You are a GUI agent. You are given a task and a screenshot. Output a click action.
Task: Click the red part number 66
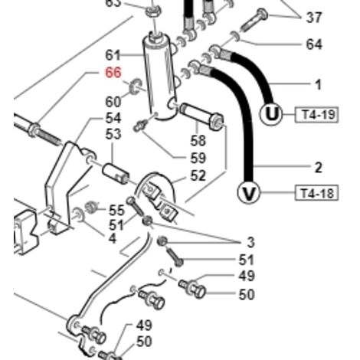[113, 73]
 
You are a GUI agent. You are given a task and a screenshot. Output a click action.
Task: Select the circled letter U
[271, 114]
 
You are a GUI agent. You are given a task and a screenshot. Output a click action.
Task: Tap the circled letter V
[249, 193]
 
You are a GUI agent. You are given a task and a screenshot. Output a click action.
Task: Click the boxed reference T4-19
[316, 115]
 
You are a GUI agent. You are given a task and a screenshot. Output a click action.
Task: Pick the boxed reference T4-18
[316, 193]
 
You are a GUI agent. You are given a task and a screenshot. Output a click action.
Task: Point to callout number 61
[113, 55]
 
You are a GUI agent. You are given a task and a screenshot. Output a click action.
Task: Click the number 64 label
[314, 44]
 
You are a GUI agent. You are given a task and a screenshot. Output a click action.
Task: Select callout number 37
[314, 18]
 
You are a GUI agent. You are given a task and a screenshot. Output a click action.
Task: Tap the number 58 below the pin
[198, 141]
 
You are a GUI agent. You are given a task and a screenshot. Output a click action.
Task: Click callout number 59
[198, 159]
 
